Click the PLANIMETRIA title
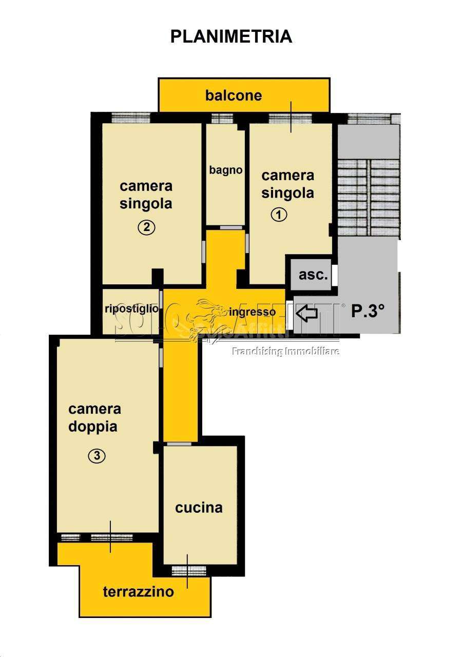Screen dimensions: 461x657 [231, 36]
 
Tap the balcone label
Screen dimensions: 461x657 [233, 95]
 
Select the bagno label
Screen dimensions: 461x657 [225, 170]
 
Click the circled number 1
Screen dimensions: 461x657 [278, 215]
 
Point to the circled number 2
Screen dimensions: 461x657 [146, 227]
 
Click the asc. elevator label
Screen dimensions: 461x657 [313, 275]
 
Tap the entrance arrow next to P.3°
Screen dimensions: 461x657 [306, 313]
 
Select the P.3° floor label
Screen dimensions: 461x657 [368, 311]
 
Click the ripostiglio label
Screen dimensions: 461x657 [131, 308]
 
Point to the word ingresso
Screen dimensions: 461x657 [252, 313]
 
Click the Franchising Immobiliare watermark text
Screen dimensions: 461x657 [285, 351]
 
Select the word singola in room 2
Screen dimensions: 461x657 [145, 204]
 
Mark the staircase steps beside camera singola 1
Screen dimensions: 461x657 [368, 198]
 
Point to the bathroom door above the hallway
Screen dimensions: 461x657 [231, 227]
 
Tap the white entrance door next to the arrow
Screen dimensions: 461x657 [289, 315]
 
